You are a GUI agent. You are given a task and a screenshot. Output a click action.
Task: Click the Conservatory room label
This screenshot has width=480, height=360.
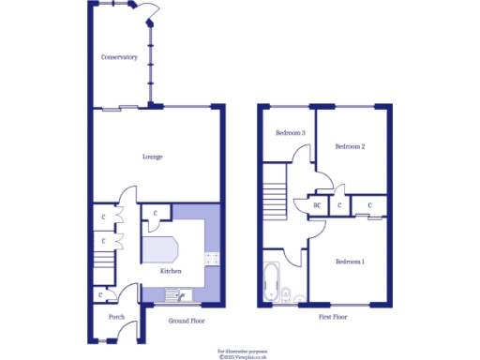[x=119, y=57]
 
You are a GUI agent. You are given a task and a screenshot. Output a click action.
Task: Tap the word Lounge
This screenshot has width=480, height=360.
[x=152, y=157]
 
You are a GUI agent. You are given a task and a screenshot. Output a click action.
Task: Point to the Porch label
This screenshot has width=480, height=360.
[x=116, y=317]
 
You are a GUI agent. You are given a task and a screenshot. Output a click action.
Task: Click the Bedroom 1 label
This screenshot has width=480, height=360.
[x=351, y=261]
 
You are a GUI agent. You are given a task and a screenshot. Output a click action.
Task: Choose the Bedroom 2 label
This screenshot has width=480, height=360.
[x=350, y=146]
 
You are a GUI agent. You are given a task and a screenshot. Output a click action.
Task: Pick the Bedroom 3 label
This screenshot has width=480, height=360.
[x=290, y=133]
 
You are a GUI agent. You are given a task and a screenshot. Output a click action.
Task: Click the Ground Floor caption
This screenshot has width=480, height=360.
[x=187, y=319]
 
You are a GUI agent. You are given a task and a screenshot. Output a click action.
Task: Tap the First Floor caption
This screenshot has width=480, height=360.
[x=333, y=318]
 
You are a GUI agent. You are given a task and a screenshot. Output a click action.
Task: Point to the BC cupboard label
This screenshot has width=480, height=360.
[x=317, y=204]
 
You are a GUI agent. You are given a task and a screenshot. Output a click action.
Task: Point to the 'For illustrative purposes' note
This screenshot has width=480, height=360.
[x=242, y=349]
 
